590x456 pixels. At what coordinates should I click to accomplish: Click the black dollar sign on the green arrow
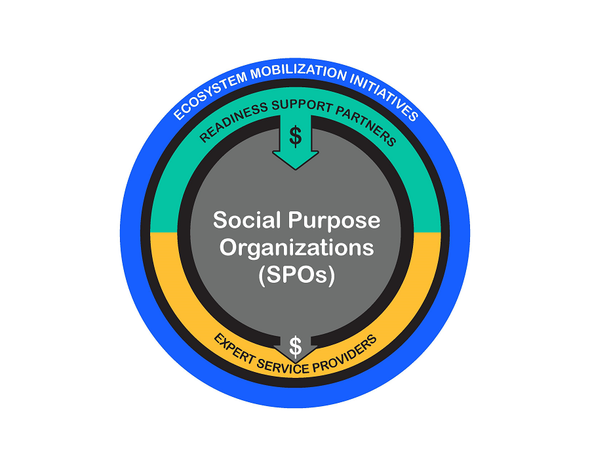296,136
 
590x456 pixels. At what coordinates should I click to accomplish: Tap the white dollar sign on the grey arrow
296,344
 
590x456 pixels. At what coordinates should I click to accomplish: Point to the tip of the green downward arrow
296,170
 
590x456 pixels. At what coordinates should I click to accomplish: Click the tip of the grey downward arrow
296,362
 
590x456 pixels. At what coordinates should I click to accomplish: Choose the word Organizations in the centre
296,248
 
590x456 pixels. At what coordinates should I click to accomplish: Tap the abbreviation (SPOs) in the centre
296,276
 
